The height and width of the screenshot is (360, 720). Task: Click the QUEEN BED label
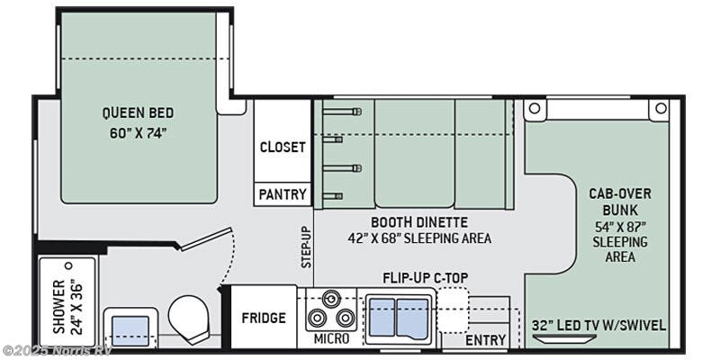pyautogui.click(x=138, y=113)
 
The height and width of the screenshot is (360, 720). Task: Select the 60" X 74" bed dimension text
pyautogui.click(x=138, y=132)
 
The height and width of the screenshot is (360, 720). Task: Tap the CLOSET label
pyautogui.click(x=283, y=147)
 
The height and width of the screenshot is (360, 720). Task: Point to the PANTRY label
pyautogui.click(x=283, y=193)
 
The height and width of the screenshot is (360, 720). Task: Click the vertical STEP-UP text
pyautogui.click(x=305, y=247)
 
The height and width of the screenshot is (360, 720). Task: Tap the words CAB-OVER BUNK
pyautogui.click(x=620, y=202)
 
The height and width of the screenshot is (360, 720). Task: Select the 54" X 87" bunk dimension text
pyautogui.click(x=620, y=226)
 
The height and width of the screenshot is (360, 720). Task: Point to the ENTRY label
pyautogui.click(x=485, y=340)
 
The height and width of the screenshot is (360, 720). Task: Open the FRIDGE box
pyautogui.click(x=264, y=318)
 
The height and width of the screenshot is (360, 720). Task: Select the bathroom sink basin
pyautogui.click(x=130, y=327)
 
